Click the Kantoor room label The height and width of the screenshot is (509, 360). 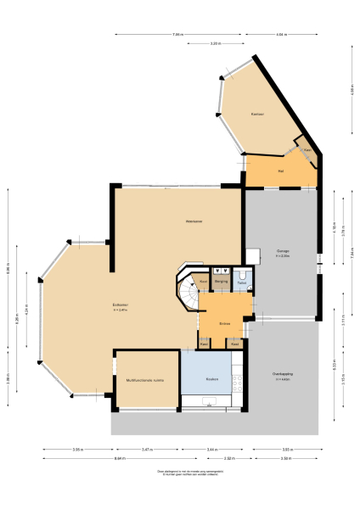click(257, 114)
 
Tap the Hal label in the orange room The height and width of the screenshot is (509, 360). click(279, 171)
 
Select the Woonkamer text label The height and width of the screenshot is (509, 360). click(194, 221)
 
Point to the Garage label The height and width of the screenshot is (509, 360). click(283, 252)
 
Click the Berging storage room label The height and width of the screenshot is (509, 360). click(220, 280)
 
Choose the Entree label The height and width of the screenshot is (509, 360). click(224, 322)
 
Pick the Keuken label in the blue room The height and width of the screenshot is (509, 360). click(211, 379)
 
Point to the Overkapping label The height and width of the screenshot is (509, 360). click(283, 376)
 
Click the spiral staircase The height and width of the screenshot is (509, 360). click(187, 294)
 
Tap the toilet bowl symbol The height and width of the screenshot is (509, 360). click(243, 274)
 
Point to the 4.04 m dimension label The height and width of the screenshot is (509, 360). click(281, 35)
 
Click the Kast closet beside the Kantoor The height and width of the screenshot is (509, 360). click(307, 150)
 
